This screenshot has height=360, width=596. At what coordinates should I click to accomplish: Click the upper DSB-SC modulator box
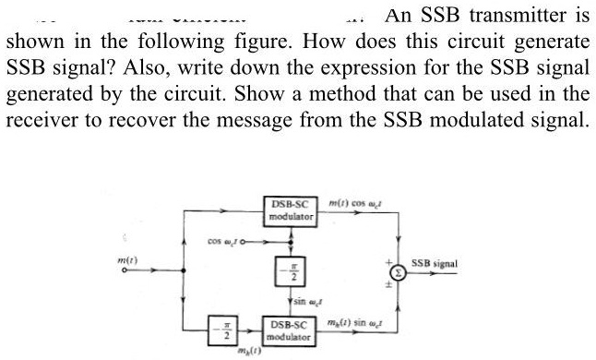[x=291, y=210]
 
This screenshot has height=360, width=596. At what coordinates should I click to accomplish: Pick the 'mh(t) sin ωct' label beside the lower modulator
[x=359, y=321]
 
